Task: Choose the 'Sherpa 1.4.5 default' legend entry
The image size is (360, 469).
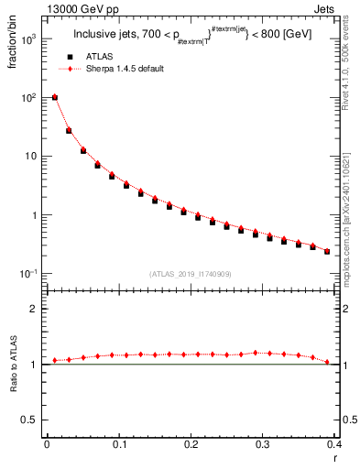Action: tap(127, 70)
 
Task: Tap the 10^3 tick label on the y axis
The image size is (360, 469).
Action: tap(28, 41)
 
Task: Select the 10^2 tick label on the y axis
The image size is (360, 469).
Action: tap(28, 97)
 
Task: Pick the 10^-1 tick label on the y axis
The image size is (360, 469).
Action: tap(28, 275)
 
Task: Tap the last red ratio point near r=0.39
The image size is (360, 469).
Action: tap(327, 362)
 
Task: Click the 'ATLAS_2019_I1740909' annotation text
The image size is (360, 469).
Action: tap(191, 273)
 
